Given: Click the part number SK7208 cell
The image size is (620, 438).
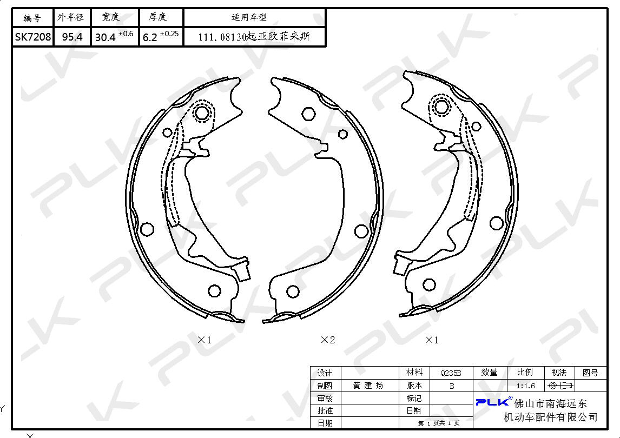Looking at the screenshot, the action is point(33,37).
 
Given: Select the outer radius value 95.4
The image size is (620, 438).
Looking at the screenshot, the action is point(72,37).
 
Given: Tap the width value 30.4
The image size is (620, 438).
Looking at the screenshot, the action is point(105,37).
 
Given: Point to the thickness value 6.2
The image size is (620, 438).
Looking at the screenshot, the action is point(150,37).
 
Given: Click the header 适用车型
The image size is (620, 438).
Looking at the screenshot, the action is point(249,17).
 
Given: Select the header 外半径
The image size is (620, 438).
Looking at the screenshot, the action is point(71,17).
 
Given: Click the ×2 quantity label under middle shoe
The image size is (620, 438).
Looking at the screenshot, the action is point(328,340).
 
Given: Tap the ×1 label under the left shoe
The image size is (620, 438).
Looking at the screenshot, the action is point(205,340).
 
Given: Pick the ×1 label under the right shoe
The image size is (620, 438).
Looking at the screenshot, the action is point(432,340).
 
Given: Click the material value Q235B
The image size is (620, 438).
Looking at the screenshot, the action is point(451,373).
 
